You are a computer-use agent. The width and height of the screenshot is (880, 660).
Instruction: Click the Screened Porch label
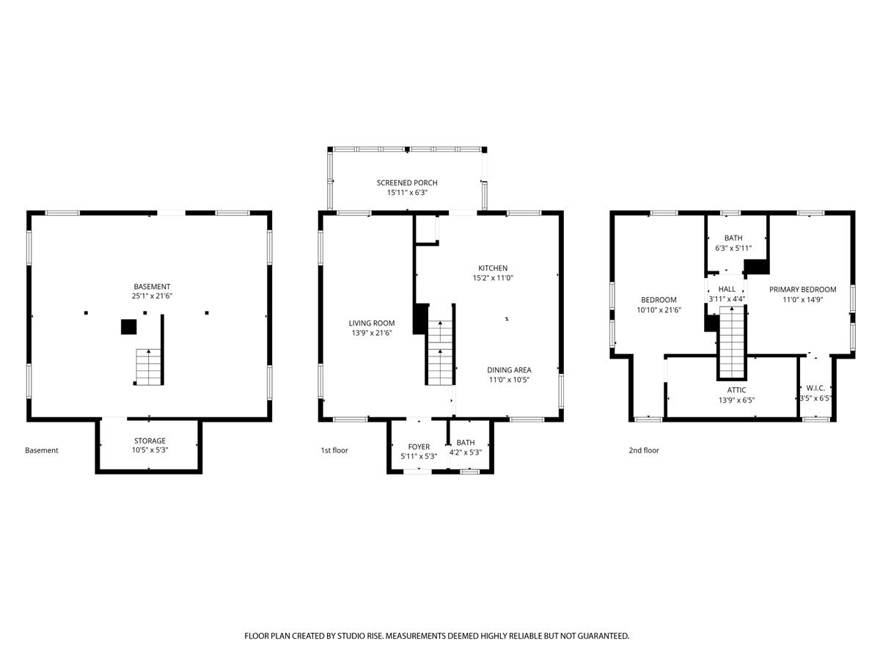(406, 183)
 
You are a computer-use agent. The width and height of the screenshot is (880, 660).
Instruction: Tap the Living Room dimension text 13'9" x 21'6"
(371, 333)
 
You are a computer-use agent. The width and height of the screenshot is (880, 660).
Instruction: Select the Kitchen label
(492, 268)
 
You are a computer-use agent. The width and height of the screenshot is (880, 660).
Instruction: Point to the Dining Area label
(509, 370)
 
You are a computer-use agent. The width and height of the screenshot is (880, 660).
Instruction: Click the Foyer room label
(419, 447)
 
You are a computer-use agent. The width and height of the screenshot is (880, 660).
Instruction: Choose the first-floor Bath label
(465, 442)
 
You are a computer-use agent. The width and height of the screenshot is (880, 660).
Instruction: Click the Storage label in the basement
(150, 441)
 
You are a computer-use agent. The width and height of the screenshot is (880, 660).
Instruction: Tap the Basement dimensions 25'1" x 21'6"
(152, 296)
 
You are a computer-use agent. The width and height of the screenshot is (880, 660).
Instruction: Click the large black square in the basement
(128, 326)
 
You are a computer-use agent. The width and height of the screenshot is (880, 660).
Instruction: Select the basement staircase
(148, 367)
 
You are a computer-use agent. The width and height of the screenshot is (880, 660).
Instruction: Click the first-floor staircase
(440, 353)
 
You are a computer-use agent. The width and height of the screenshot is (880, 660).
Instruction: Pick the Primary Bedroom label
(802, 290)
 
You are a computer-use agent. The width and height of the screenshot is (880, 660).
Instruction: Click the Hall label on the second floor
(727, 289)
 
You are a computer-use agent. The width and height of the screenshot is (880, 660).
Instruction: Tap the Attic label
(736, 390)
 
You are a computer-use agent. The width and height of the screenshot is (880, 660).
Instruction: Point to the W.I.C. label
(815, 388)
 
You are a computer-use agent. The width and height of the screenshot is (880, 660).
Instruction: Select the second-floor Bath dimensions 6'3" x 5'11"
(733, 248)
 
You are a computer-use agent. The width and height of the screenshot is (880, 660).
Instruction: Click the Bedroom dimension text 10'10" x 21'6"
(659, 309)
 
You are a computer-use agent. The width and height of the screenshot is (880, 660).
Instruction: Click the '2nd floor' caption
(643, 450)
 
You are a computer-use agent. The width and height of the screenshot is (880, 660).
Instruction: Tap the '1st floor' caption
(334, 450)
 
